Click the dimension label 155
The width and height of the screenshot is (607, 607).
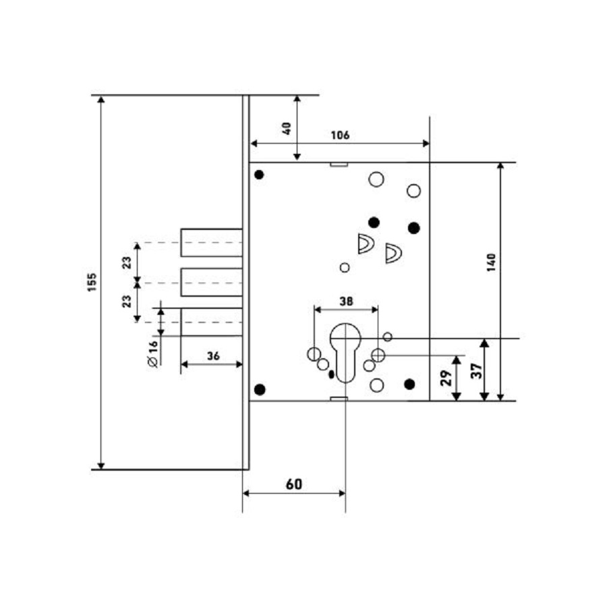tap(92, 283)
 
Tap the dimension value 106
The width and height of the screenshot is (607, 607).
tap(340, 135)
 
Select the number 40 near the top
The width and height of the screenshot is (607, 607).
tap(287, 127)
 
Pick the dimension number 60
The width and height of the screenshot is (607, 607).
tap(293, 484)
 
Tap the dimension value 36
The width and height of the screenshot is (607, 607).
tap(213, 356)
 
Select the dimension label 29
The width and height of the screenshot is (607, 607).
tap(446, 377)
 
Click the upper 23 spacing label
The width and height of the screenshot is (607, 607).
tap(127, 262)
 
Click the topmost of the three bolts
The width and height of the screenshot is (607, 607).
tap(211, 243)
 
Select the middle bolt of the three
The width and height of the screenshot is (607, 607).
tap(211, 282)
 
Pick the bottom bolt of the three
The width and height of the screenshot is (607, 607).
tap(211, 322)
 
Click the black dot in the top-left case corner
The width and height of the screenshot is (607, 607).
tap(259, 175)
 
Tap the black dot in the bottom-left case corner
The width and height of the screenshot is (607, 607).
tap(259, 388)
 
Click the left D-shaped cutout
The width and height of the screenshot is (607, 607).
tap(366, 243)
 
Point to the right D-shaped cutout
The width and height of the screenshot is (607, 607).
tap(393, 254)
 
